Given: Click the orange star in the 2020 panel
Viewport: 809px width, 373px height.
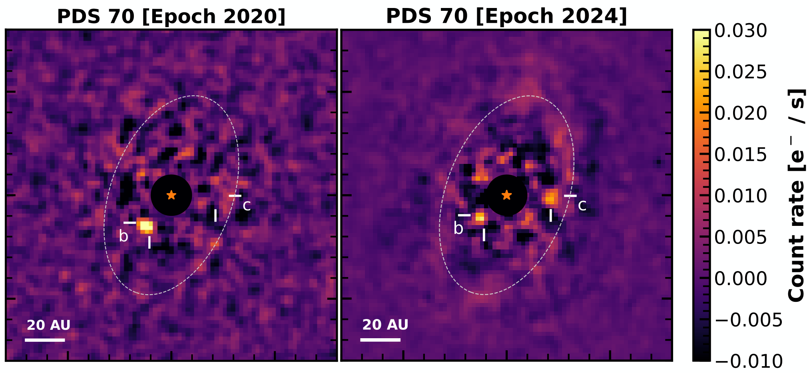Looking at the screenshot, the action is coord(171,195).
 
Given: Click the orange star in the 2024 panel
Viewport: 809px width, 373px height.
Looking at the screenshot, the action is coord(506,195).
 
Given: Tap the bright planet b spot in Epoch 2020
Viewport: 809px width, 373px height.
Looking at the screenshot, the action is coord(145,226).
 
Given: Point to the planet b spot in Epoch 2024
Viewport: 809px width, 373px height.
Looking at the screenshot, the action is coord(480,217).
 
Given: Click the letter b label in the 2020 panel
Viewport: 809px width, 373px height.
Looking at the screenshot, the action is coord(124,236).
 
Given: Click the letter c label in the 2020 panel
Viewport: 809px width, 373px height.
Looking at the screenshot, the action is coord(247,205).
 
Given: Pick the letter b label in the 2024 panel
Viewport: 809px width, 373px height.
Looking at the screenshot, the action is coord(458,228).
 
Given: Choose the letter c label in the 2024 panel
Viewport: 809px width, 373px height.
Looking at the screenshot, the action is coord(582,205).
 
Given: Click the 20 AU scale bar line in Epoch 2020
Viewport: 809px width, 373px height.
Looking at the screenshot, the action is coord(45,340).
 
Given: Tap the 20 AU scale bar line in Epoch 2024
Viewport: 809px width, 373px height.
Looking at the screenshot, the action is coord(380,340).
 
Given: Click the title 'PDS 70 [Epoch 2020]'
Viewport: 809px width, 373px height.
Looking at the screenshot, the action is coord(171,16).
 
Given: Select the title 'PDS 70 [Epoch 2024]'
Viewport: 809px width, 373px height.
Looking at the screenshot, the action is coord(506,16).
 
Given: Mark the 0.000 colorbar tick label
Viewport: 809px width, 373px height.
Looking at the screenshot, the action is coord(741,278).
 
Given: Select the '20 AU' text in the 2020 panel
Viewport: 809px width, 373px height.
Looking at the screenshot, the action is coord(48,325).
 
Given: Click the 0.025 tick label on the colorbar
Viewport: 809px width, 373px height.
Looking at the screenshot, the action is coord(741,72).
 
